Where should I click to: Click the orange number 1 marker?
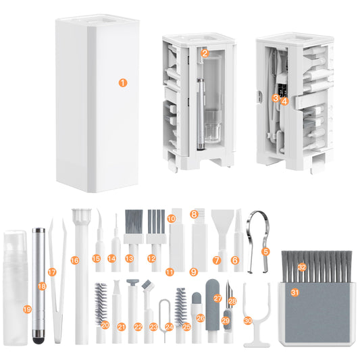[122, 83]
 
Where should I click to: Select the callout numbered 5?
[265, 251]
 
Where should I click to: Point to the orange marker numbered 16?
[75, 260]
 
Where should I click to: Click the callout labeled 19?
[27, 309]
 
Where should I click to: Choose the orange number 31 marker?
[294, 292]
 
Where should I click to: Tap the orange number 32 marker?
[303, 267]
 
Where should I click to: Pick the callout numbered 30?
[248, 319]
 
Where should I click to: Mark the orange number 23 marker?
[154, 326]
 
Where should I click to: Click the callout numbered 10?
[171, 219]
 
